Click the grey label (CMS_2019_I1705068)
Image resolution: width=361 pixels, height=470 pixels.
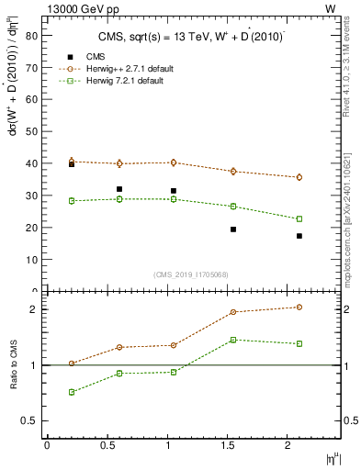pyautogui.click(x=191, y=274)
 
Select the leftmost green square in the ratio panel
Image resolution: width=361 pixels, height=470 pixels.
pyautogui.click(x=72, y=392)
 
